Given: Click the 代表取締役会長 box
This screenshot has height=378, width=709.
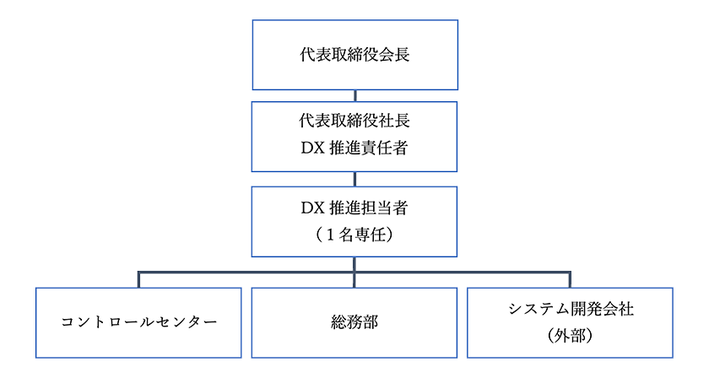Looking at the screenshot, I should coord(354,56).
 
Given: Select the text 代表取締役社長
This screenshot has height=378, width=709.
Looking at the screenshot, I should coord(354,122).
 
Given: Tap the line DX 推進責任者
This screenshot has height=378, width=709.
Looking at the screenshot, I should coord(354,149).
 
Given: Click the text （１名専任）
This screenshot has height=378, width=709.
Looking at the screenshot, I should coord(354,235).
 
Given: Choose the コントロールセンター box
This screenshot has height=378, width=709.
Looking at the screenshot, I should coord(138,323).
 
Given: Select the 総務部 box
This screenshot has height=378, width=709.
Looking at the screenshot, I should coord(354,323).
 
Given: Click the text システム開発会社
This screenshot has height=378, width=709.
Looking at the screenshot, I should coord(571,310).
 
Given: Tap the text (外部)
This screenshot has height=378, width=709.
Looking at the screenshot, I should coord(571,337).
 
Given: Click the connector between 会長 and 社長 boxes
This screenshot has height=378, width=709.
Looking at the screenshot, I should coord(354,96).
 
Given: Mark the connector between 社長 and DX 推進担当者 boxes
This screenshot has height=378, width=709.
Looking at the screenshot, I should coord(354,179).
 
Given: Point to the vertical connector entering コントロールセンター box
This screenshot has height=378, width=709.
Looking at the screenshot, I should coord(138,280).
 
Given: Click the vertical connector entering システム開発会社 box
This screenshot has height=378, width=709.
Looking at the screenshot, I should coord(571,280).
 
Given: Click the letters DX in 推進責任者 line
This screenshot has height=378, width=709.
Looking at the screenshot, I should coord(311,149).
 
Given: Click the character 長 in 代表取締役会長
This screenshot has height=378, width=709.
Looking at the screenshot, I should coord(401,56).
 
